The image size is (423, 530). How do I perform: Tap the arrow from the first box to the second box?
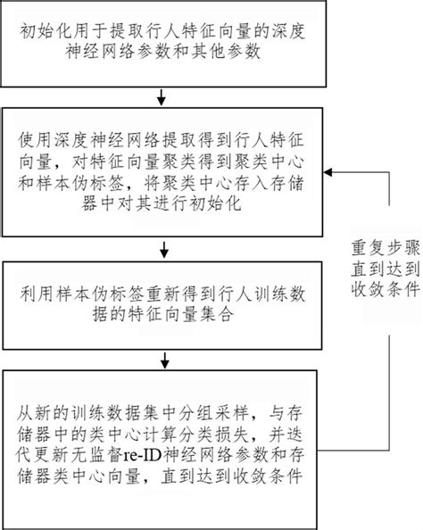pyautogui.click(x=161, y=95)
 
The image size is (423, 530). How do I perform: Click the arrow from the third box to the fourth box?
pyautogui.click(x=161, y=360)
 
